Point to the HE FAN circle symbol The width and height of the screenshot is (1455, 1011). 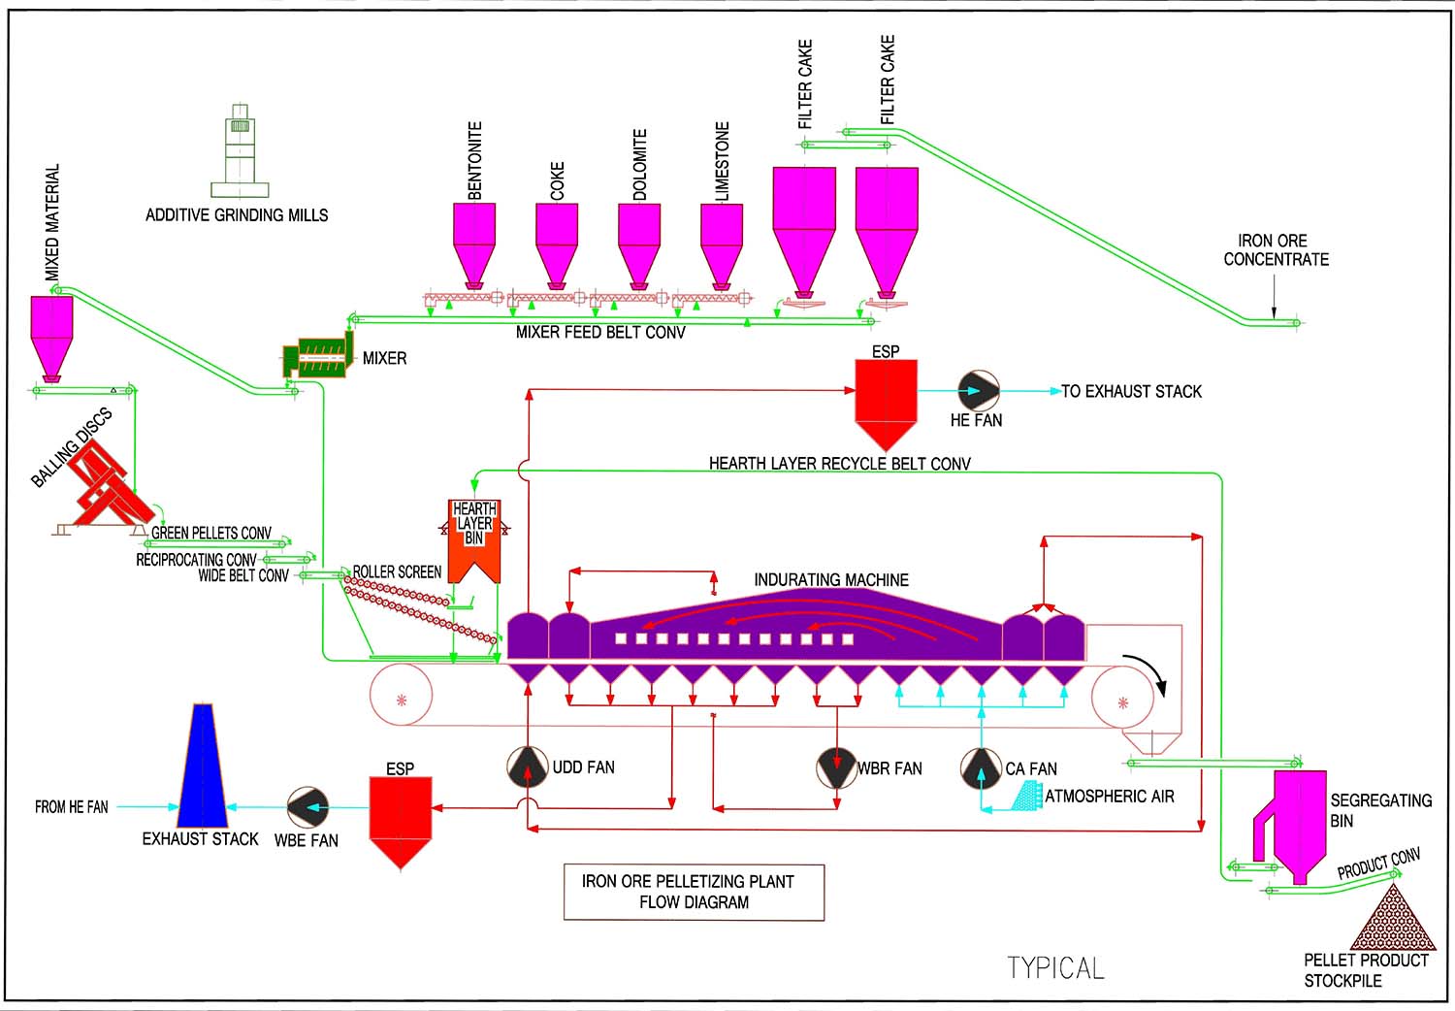tap(979, 391)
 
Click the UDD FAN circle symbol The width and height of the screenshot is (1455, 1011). tap(528, 767)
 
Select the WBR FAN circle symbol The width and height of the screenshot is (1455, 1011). tap(836, 767)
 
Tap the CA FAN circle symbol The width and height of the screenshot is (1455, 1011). tap(981, 768)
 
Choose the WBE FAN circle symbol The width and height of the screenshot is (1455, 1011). tap(308, 807)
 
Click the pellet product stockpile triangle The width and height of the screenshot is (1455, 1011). tap(1393, 922)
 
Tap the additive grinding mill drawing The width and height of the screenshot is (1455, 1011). tap(240, 150)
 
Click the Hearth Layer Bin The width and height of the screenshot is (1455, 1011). tap(474, 538)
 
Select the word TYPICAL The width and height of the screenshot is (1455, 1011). tap(1055, 967)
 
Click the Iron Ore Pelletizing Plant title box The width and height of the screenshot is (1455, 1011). tap(694, 892)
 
